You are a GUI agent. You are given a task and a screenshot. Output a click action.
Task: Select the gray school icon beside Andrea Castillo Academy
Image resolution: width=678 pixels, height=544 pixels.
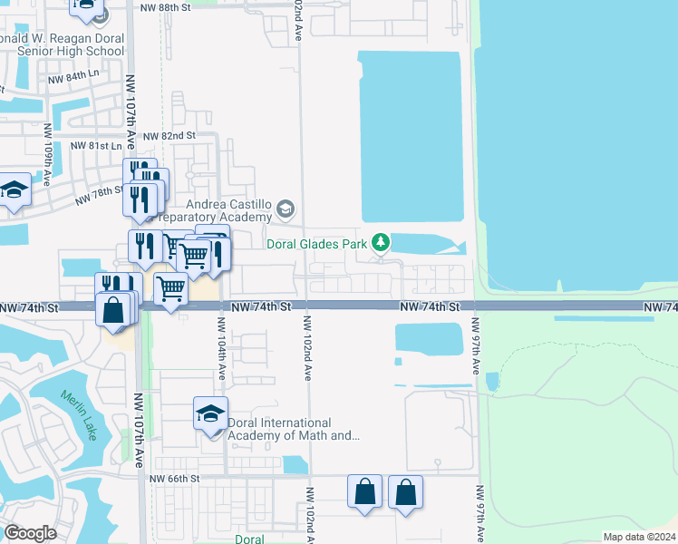point(285,209)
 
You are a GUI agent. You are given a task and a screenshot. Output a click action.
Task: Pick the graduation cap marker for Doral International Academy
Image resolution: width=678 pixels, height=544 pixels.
point(210,415)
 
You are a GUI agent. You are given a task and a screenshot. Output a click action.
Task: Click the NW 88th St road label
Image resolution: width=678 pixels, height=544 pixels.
point(167,6)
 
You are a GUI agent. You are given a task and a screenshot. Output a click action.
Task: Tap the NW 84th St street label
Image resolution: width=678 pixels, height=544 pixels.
point(73,79)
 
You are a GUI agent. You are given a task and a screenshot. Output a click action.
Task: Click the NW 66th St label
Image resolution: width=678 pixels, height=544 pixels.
point(173,478)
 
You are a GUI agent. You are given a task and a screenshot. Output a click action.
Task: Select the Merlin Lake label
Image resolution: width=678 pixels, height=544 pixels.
point(79,415)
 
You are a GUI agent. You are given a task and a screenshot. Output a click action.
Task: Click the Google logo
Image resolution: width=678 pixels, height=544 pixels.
point(30,532)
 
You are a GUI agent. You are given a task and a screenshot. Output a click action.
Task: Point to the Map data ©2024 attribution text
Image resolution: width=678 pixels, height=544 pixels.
point(639,537)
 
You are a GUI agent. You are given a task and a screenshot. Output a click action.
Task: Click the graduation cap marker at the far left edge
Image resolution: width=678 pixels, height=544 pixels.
point(14,192)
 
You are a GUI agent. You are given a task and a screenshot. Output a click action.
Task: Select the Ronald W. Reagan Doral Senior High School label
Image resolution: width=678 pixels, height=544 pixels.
point(62,44)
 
